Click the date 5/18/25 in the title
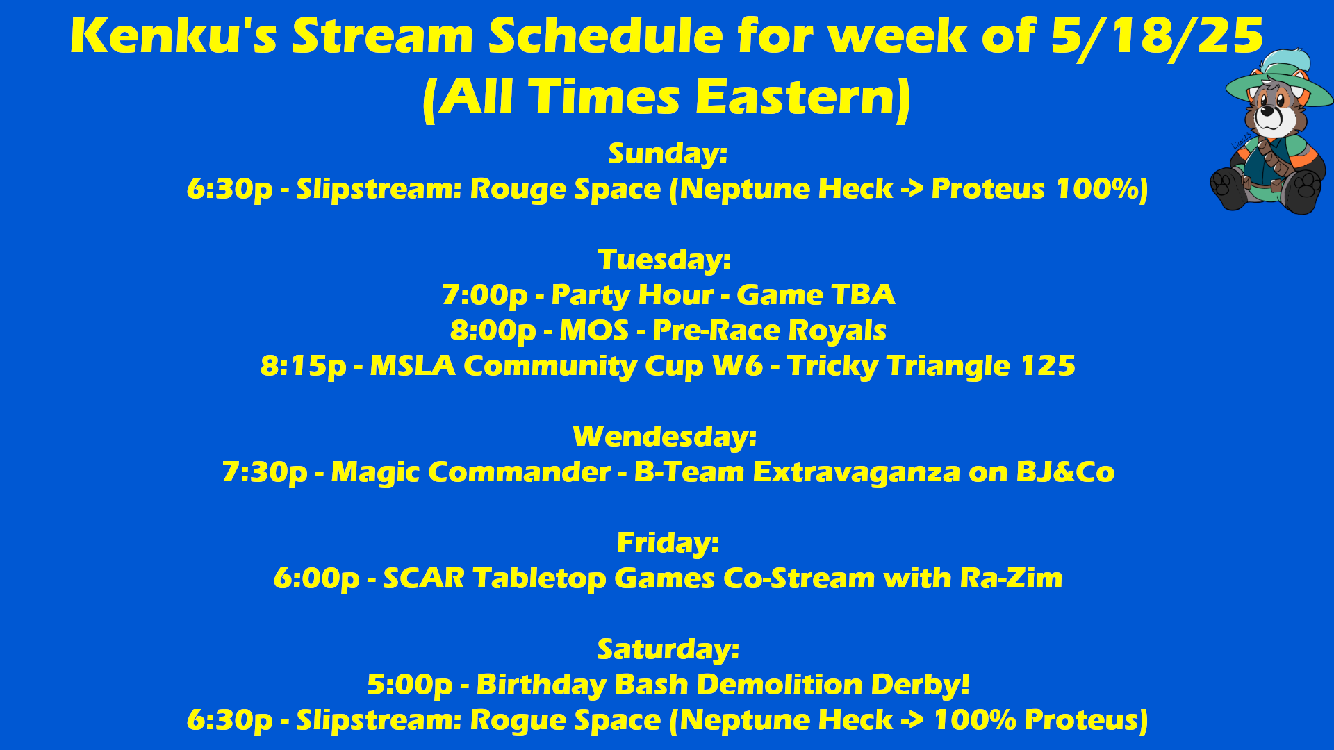(x=1157, y=37)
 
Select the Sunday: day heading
(x=668, y=153)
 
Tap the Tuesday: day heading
(x=665, y=260)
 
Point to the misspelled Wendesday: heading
(x=665, y=437)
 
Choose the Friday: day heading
(x=668, y=543)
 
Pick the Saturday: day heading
(x=668, y=649)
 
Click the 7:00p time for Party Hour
(x=485, y=296)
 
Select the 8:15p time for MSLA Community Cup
(x=303, y=367)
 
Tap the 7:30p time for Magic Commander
(x=265, y=473)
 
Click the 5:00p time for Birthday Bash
(x=410, y=685)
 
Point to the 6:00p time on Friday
(x=317, y=579)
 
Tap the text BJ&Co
(x=1065, y=473)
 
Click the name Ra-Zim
(x=1011, y=578)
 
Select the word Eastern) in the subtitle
(x=802, y=98)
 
